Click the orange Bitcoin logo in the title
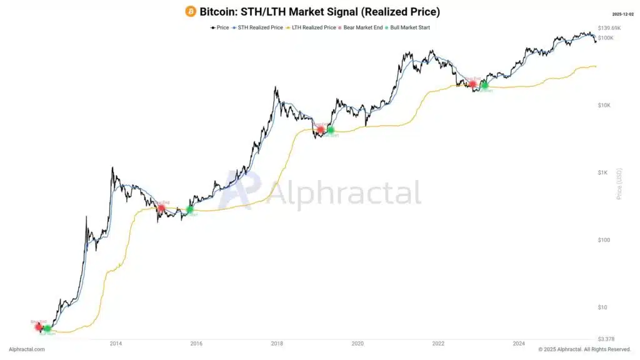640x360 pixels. click(x=191, y=11)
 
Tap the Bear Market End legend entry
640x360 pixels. click(x=362, y=27)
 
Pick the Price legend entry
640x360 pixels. click(x=219, y=27)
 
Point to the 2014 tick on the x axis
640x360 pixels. click(x=115, y=343)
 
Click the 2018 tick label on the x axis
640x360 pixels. click(x=277, y=343)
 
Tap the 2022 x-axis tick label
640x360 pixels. click(x=438, y=343)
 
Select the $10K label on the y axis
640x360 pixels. click(x=604, y=105)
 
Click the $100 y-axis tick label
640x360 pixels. click(x=604, y=240)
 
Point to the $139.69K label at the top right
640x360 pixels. click(x=609, y=28)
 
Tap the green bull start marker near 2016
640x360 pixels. click(x=190, y=209)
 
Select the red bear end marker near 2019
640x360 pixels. click(x=321, y=130)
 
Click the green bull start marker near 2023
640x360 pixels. click(x=484, y=85)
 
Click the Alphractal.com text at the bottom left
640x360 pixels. click(x=26, y=349)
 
